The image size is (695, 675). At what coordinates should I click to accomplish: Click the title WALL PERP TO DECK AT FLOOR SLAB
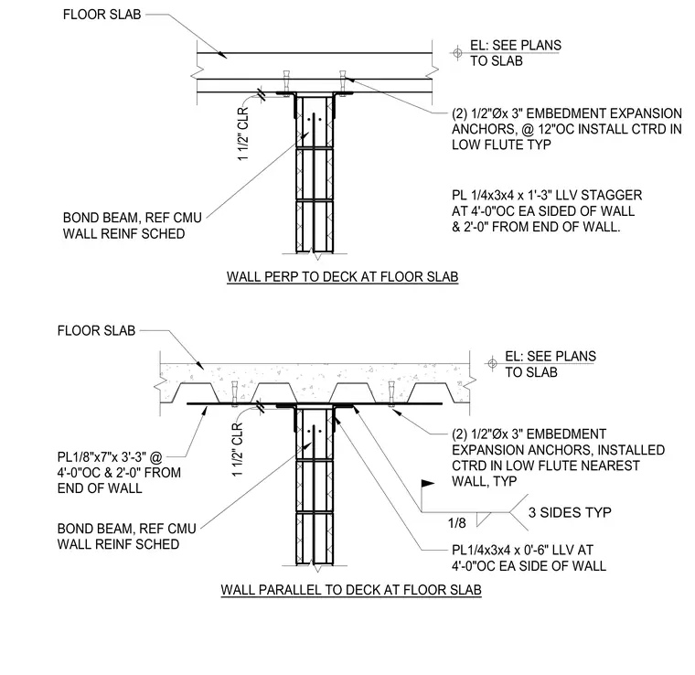[x=342, y=276]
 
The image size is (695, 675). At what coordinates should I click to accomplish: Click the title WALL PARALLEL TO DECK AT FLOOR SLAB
[x=351, y=590]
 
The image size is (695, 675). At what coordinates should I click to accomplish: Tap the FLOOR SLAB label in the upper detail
[x=102, y=15]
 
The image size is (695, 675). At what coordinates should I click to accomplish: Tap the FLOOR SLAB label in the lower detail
[x=96, y=330]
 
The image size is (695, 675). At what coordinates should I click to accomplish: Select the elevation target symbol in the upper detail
[x=457, y=53]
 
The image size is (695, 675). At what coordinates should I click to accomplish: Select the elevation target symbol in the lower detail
[x=492, y=364]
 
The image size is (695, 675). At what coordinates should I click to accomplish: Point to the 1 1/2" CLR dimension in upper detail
[x=243, y=134]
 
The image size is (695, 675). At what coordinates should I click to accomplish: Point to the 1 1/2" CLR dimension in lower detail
[x=238, y=449]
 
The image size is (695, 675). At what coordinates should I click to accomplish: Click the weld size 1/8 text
[x=457, y=523]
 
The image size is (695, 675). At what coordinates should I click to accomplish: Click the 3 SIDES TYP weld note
[x=570, y=512]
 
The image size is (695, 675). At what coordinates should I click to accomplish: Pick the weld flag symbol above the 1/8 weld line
[x=427, y=484]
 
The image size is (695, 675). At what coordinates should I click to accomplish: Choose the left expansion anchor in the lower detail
[x=234, y=392]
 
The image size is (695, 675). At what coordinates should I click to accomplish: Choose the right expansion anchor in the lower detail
[x=391, y=392]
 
